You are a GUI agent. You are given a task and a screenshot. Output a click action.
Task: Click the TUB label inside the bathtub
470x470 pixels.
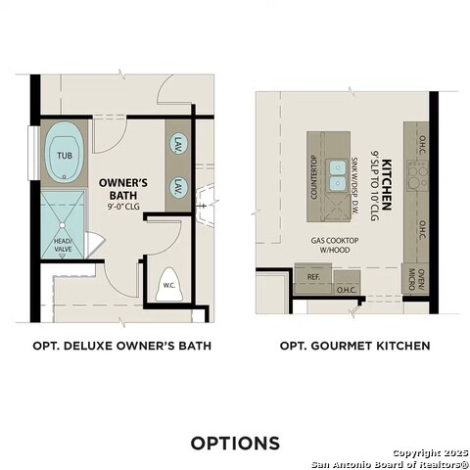64,155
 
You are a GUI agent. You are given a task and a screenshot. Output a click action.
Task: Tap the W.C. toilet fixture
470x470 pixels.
168,284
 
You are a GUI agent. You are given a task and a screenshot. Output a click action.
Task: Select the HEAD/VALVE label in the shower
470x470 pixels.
63,246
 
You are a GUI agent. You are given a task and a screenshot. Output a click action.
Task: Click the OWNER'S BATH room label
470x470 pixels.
123,189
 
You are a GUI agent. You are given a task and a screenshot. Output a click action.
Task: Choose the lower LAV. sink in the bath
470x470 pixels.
179,186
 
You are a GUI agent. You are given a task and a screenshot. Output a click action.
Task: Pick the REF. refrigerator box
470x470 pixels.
313,277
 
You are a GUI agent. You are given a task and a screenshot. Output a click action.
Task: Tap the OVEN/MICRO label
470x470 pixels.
422,281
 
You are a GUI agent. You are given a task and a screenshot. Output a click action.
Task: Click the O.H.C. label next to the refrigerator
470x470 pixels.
346,289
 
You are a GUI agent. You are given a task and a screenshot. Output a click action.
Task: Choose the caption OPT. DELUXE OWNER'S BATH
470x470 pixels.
121,346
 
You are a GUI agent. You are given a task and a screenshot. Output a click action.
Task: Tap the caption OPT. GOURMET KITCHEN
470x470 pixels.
354,346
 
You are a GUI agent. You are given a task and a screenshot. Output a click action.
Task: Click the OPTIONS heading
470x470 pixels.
235,443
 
